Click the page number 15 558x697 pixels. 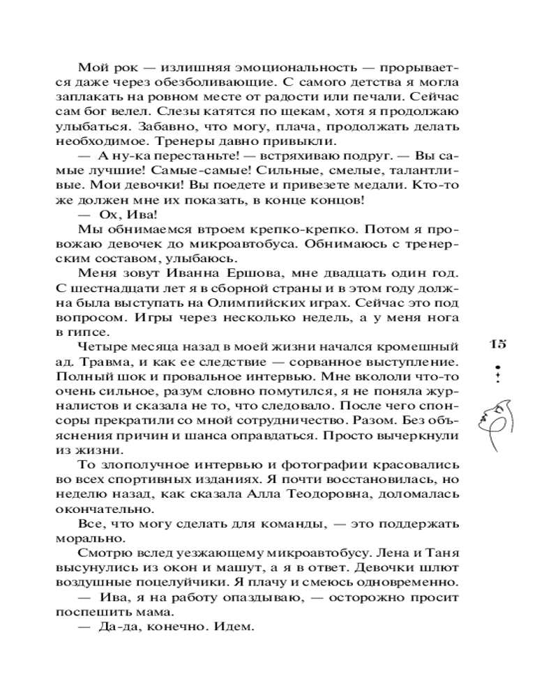click(x=497, y=344)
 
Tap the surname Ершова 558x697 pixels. click(x=239, y=272)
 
